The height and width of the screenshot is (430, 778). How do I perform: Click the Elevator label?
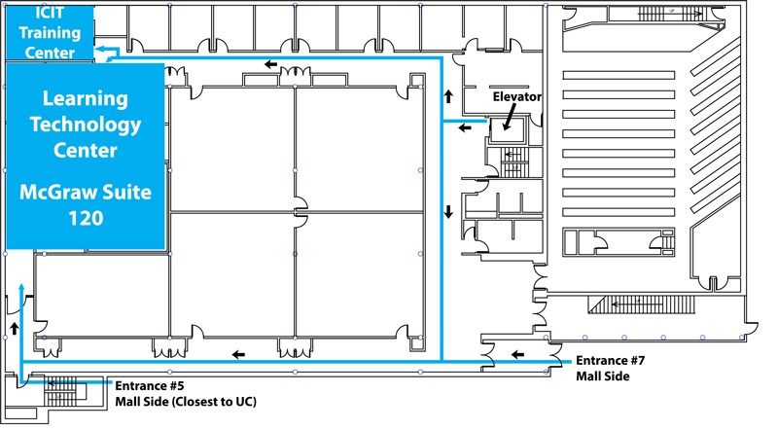coord(517,96)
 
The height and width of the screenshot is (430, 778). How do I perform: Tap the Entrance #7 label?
coord(611,361)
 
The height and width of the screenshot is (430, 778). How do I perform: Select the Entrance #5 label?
coord(150,386)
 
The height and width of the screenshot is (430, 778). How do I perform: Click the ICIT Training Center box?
coord(50,32)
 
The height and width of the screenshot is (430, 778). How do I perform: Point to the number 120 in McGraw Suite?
coord(86,218)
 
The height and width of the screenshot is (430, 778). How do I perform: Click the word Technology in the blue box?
coord(86,125)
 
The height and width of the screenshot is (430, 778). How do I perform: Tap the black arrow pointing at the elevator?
coord(509,117)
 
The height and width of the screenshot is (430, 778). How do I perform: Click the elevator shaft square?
coord(507,130)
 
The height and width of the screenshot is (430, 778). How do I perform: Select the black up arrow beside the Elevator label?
coord(448,96)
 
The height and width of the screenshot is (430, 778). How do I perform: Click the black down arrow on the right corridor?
coord(448,212)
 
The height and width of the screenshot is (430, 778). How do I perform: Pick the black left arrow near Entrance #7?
coord(517,354)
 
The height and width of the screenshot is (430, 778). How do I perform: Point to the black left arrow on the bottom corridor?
coord(238,354)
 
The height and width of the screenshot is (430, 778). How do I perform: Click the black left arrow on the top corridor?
coord(271,64)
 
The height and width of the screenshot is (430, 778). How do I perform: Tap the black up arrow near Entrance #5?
coord(15,328)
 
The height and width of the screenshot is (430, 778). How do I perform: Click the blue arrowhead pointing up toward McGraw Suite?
coord(21,287)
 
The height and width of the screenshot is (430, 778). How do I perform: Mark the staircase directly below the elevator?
coord(513,161)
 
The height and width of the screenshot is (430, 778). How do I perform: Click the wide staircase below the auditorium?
coord(641,305)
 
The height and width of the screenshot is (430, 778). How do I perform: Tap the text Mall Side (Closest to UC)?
coord(186,402)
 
